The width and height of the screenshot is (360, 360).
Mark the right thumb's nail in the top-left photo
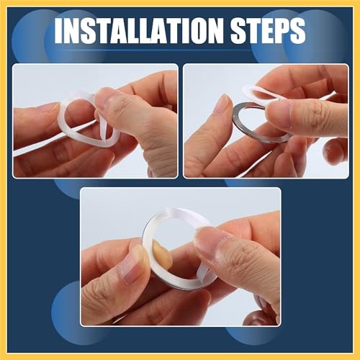click(108, 97)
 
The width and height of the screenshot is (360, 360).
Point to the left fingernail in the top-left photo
click(43, 108)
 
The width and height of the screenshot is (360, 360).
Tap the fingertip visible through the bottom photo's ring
click(161, 255)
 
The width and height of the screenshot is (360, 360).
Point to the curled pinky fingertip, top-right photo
click(333, 151)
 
